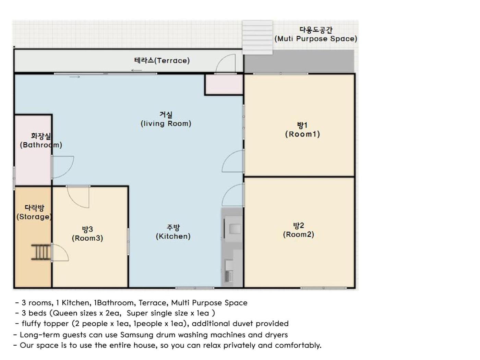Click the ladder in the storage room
(41, 252)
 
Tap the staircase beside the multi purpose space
(257, 37)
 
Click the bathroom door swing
(63, 167)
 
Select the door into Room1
(233, 161)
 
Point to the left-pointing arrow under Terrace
(136, 70)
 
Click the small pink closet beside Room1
(224, 84)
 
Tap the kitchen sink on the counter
(235, 229)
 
